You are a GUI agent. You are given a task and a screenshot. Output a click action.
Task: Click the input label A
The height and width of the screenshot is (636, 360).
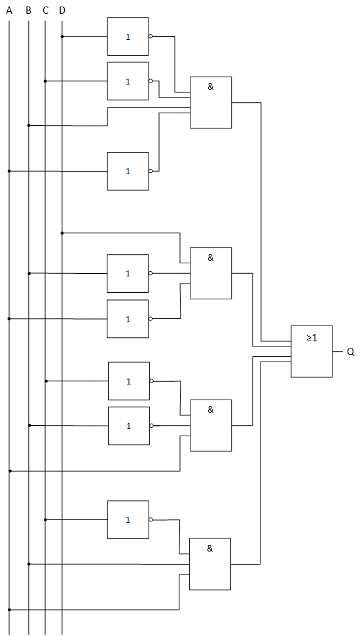point(9,10)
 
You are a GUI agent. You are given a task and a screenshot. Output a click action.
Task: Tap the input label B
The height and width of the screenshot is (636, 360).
point(28,10)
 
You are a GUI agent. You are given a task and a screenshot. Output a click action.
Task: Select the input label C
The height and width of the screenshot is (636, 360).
point(45,10)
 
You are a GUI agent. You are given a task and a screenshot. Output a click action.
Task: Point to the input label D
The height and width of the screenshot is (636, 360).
point(62,10)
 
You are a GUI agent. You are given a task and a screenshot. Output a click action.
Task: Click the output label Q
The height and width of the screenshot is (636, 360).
point(351,352)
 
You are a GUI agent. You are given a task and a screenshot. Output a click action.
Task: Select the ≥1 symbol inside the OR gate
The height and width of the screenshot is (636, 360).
point(312,337)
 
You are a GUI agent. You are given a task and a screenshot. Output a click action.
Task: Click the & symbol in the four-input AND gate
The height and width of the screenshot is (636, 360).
point(210,86)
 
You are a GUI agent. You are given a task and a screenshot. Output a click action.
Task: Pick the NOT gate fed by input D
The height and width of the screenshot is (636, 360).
point(128,37)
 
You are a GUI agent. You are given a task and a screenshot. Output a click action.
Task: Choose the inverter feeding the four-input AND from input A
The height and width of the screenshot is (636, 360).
point(128,171)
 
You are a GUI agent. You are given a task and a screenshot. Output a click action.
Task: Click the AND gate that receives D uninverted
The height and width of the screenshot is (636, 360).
point(211,273)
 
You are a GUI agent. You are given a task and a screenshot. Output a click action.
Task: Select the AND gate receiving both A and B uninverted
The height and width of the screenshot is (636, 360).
point(210,564)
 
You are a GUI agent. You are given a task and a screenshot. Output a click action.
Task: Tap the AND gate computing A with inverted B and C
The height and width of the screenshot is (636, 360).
point(211,426)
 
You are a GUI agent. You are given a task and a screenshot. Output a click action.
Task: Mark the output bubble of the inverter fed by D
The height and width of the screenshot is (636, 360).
point(151,37)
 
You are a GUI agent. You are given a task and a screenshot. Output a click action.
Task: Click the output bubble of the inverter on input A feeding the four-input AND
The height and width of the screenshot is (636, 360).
point(151,171)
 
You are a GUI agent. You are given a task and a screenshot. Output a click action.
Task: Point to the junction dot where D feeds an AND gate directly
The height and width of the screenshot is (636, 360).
point(62,233)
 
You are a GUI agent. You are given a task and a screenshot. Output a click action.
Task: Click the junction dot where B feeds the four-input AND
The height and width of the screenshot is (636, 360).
point(28,125)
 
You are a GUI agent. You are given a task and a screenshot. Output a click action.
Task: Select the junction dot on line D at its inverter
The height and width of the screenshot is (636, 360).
point(62,37)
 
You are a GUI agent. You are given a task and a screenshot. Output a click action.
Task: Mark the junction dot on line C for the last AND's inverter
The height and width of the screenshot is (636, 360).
point(45,519)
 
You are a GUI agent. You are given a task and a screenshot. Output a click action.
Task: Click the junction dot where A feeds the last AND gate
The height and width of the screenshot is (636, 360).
point(9,609)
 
